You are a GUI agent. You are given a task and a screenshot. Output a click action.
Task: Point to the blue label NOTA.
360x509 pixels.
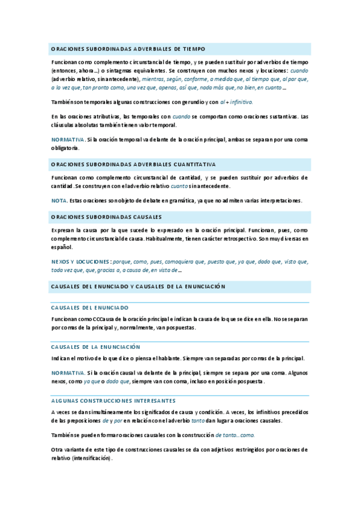click(59, 200)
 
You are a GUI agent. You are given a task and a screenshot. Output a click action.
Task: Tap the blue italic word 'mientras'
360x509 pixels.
click(154, 79)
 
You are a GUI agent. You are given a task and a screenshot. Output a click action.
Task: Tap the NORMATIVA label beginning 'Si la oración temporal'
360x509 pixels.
click(68, 140)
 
